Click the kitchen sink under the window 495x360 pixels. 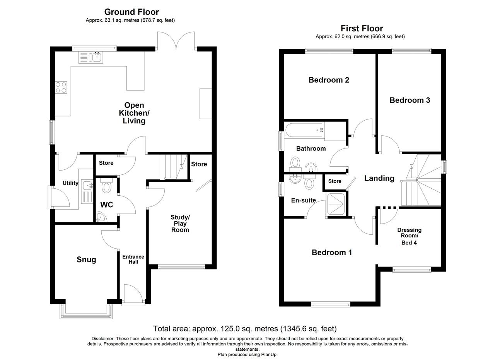click(x=91, y=58)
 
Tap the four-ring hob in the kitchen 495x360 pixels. click(x=61, y=87)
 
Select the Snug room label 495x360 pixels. click(x=86, y=259)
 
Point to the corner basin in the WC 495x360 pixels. click(x=101, y=217)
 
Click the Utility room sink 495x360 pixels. click(x=87, y=191)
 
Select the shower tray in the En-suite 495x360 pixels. click(x=336, y=204)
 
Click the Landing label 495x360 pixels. click(x=379, y=178)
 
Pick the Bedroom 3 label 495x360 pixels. click(x=410, y=100)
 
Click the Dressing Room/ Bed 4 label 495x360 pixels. click(x=409, y=236)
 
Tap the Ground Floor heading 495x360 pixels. click(x=131, y=12)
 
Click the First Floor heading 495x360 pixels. click(x=362, y=28)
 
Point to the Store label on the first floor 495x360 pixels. click(x=335, y=181)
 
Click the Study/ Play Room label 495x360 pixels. click(x=180, y=224)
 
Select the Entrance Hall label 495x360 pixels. click(x=133, y=259)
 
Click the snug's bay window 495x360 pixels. click(x=86, y=312)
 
